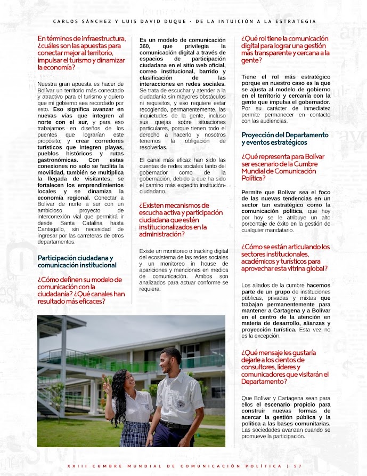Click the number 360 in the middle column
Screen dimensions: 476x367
tap(146, 47)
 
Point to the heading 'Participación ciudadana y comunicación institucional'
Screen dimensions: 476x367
tap(75, 261)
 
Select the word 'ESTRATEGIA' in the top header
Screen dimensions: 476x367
tap(296, 21)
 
